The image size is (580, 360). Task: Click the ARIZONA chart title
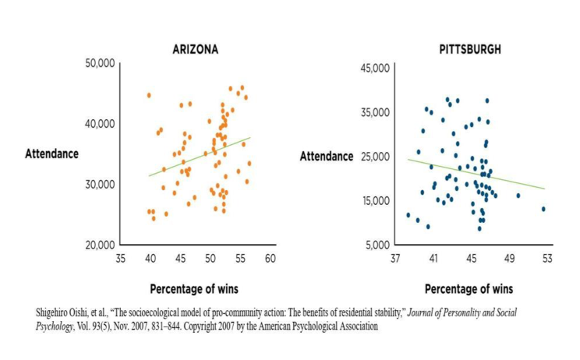[195, 50]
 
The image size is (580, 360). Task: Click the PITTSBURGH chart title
[471, 50]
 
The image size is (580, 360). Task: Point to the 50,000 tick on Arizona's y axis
[100, 63]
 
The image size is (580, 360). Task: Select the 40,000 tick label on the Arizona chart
[100, 124]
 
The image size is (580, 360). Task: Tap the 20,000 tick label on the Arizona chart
[100, 245]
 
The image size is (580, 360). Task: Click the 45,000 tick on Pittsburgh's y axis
[373, 69]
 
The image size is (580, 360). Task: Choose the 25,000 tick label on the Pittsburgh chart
[373, 157]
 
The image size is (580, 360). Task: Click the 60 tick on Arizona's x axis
[271, 258]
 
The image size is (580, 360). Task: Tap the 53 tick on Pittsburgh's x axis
[547, 258]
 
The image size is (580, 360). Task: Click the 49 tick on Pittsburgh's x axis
[509, 258]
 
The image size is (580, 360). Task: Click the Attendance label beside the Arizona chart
[52, 154]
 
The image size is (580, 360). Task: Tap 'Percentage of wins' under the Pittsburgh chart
[471, 288]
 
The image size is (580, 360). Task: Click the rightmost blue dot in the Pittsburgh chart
[543, 209]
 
